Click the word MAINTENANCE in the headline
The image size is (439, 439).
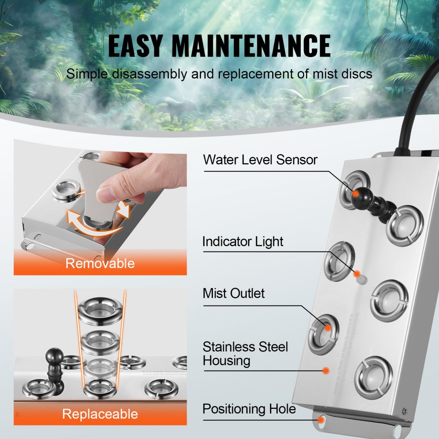(251, 46)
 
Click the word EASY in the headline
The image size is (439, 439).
(135, 46)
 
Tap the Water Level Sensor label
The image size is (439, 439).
(260, 159)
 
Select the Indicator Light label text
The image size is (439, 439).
(243, 241)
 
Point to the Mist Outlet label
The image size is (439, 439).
(234, 293)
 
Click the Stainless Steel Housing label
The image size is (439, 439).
(245, 354)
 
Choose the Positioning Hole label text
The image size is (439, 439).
(249, 409)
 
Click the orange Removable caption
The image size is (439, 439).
(100, 263)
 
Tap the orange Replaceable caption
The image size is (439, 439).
(100, 414)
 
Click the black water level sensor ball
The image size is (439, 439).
(356, 193)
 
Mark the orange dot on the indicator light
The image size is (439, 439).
(357, 273)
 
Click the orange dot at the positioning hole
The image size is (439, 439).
(321, 420)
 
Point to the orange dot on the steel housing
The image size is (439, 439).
(325, 371)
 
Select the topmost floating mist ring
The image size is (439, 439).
(100, 309)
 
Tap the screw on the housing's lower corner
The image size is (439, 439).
(404, 411)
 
